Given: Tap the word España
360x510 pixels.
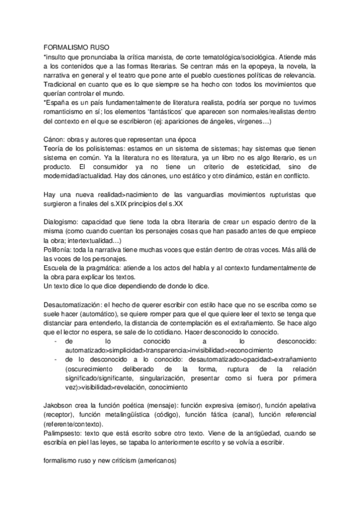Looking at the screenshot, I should (59, 103).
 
